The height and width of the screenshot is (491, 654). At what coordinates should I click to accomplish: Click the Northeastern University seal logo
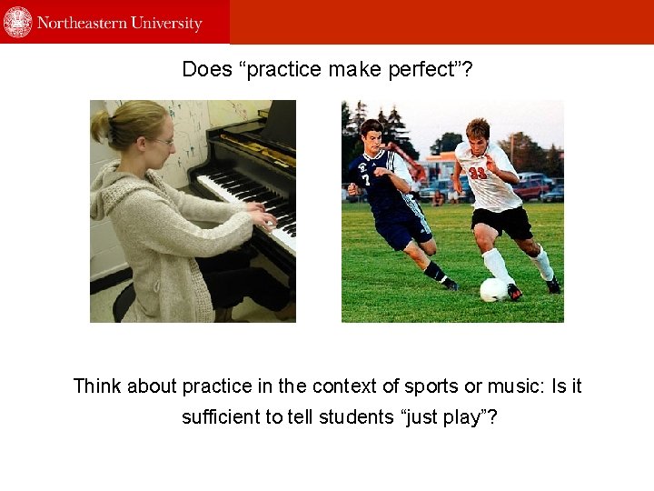pyautogui.click(x=17, y=22)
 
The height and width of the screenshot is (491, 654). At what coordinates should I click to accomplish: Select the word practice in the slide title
pyautogui.click(x=283, y=69)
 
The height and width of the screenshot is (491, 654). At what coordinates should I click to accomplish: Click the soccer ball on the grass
pyautogui.click(x=493, y=290)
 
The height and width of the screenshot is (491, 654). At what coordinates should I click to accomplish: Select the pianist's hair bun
pyautogui.click(x=100, y=126)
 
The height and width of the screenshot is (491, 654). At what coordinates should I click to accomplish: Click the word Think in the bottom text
pyautogui.click(x=97, y=386)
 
